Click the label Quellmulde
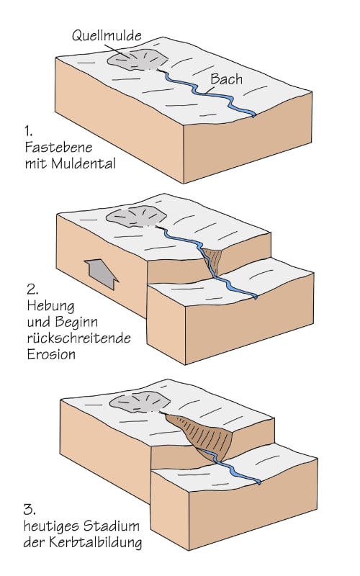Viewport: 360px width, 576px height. (x=107, y=36)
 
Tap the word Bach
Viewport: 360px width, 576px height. (x=227, y=79)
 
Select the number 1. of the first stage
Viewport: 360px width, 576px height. (x=28, y=131)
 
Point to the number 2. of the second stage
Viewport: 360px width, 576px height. (x=32, y=289)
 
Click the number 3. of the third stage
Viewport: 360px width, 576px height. (x=30, y=510)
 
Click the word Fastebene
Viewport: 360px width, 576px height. (x=58, y=148)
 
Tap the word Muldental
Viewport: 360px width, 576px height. (x=84, y=163)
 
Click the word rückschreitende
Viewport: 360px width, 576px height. (x=79, y=338)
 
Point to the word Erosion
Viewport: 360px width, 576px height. (x=51, y=354)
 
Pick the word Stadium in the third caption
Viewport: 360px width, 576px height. (x=110, y=526)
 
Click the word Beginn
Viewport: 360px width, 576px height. (x=76, y=323)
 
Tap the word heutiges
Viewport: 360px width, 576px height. (x=50, y=527)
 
